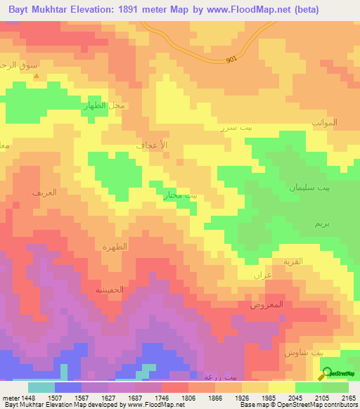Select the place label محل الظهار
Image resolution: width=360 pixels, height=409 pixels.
point(105,106)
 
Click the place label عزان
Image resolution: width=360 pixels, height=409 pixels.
point(262,275)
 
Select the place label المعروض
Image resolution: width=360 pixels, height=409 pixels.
point(266,304)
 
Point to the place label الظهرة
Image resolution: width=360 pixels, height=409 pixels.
point(114,247)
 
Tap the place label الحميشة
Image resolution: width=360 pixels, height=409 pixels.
point(110,289)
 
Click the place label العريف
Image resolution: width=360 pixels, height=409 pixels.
point(44,192)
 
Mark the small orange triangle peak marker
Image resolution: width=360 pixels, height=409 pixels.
point(37,76)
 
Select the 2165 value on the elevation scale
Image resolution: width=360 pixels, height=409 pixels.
point(349,398)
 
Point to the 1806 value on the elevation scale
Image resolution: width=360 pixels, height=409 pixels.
point(188,398)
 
